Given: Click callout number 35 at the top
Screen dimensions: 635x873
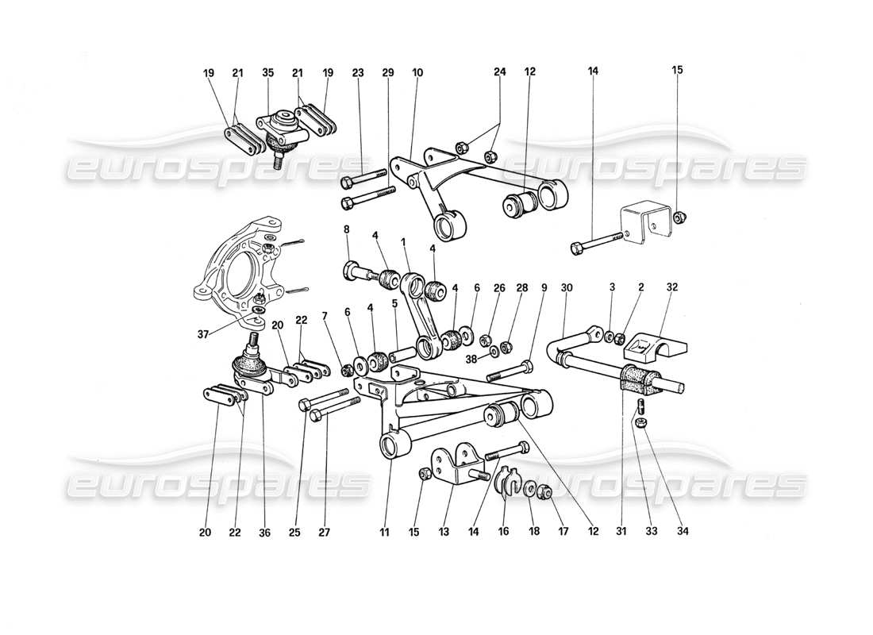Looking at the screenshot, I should [267, 72].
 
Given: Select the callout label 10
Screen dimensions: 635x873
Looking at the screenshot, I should [418, 72].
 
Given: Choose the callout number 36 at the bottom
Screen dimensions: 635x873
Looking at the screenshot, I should [264, 533].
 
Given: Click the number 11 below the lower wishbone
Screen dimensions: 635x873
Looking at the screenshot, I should [385, 533].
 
